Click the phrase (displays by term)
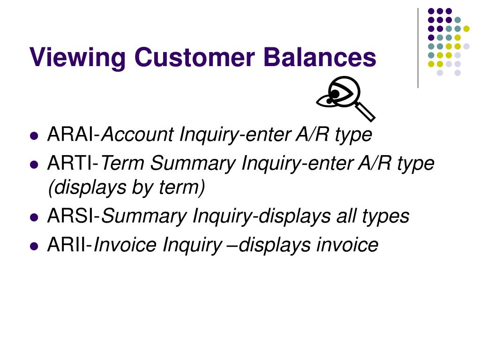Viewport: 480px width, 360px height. (x=127, y=187)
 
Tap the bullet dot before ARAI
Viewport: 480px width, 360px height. (x=33, y=136)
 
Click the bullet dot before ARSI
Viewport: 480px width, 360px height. (x=33, y=217)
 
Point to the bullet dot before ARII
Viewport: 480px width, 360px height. (x=33, y=246)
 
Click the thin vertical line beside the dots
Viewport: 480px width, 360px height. (x=418, y=47)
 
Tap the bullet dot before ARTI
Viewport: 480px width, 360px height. (x=33, y=165)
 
